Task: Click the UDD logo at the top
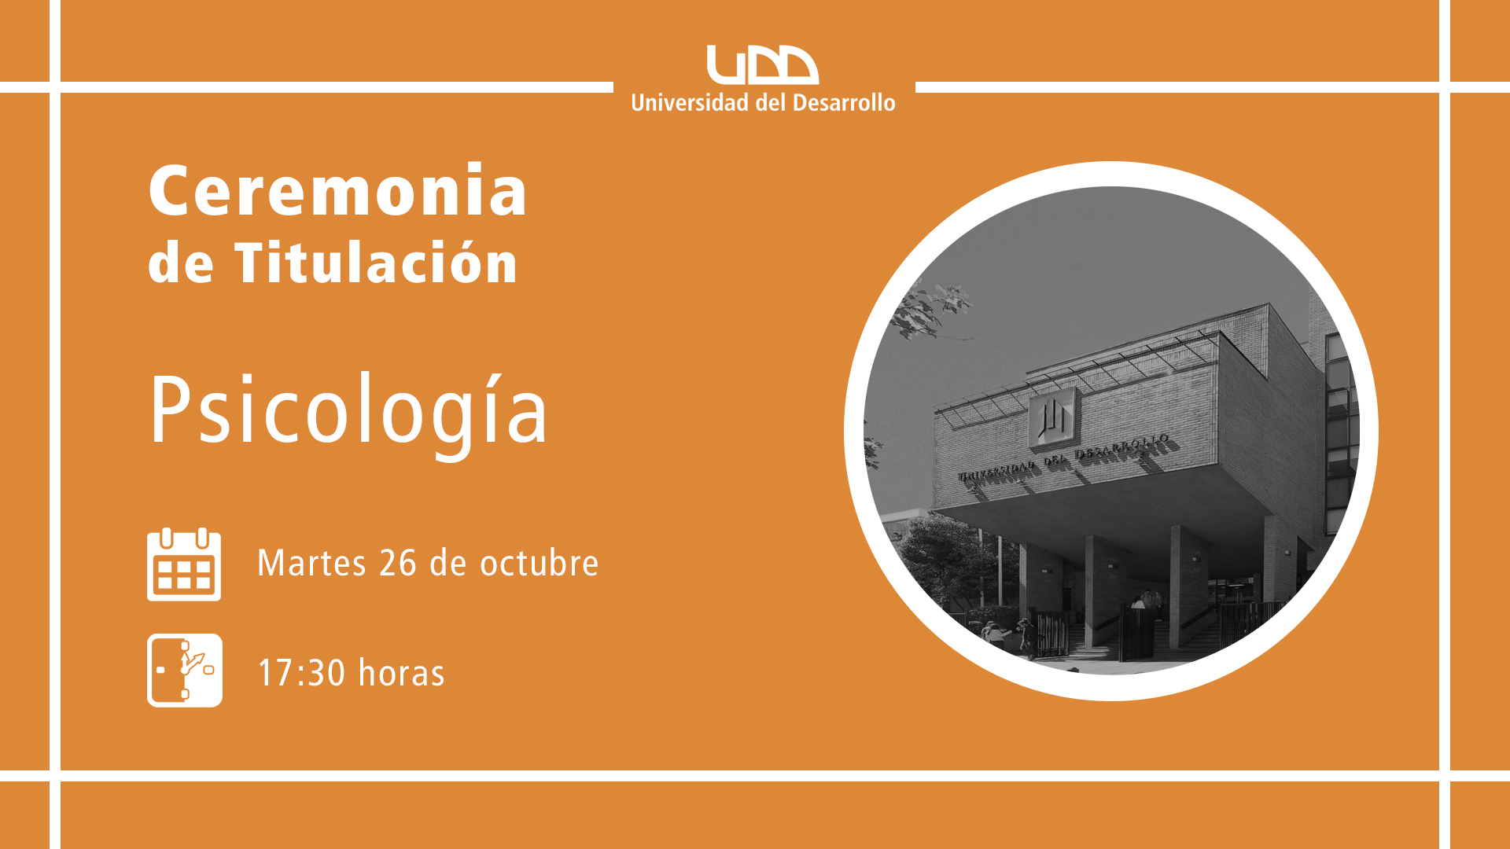762,64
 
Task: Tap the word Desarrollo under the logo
844,103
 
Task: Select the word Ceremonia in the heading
337,190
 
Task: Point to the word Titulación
376,262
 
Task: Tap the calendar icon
184,564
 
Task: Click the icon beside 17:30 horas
185,671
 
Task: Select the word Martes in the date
312,563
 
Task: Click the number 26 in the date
398,563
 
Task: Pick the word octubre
540,563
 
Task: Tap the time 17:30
302,673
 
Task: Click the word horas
402,673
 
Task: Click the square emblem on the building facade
1052,417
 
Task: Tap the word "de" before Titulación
181,263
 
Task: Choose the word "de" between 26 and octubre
448,563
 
